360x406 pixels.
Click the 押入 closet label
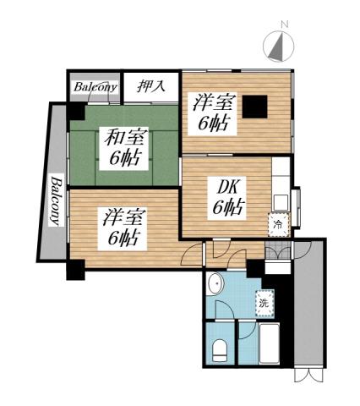click(x=152, y=87)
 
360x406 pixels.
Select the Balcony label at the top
click(x=93, y=87)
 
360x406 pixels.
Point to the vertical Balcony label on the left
click(x=54, y=201)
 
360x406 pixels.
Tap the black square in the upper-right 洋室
click(x=254, y=107)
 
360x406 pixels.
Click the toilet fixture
click(x=219, y=348)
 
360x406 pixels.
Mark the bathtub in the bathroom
click(x=269, y=348)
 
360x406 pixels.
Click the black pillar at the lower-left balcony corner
click(x=76, y=271)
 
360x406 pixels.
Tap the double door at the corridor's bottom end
click(x=308, y=374)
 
